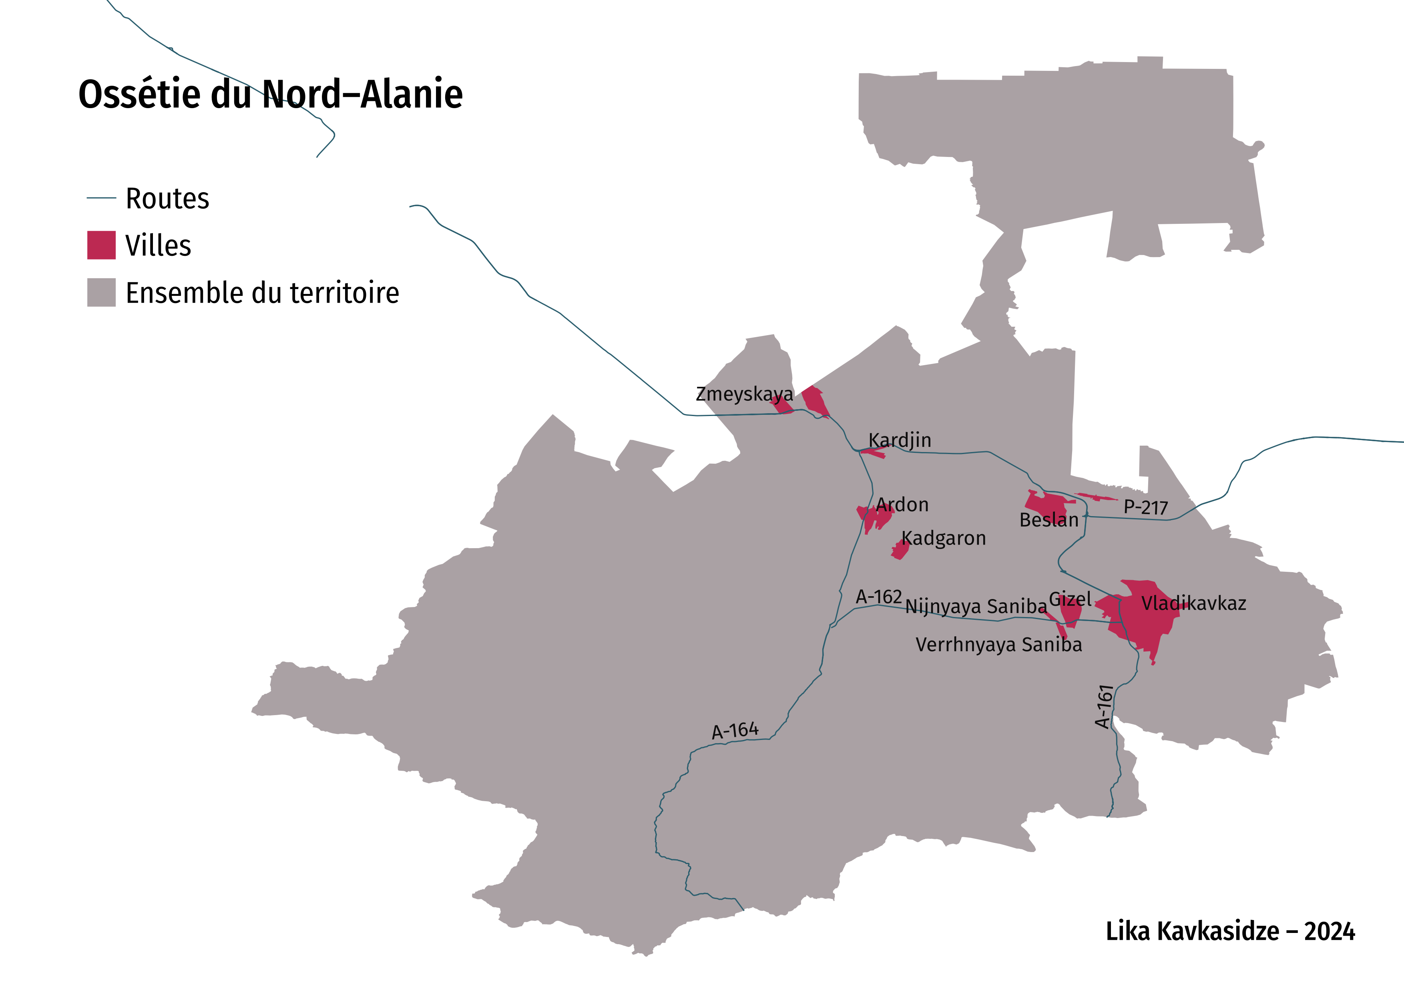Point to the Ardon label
click(902, 505)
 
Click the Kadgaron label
click(944, 538)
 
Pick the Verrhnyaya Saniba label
click(998, 645)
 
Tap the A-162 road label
click(879, 596)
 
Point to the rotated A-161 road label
click(1103, 706)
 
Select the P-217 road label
click(1145, 507)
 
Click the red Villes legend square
click(102, 245)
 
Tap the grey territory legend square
click(102, 292)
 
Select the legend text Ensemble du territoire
click(262, 292)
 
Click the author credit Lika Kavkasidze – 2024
click(1230, 931)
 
